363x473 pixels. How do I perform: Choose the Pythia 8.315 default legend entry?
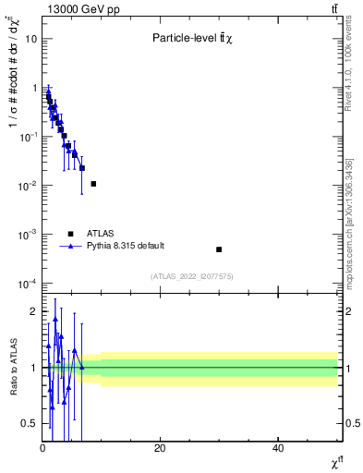[x=125, y=246]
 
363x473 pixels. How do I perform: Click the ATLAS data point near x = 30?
[x=219, y=249]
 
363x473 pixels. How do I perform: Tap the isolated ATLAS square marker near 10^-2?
[x=93, y=184]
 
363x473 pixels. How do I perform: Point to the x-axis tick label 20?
[x=160, y=448]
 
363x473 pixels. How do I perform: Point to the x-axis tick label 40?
[x=278, y=448]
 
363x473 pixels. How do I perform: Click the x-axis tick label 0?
[x=42, y=448]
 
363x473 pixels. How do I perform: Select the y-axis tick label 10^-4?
[x=28, y=284]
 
